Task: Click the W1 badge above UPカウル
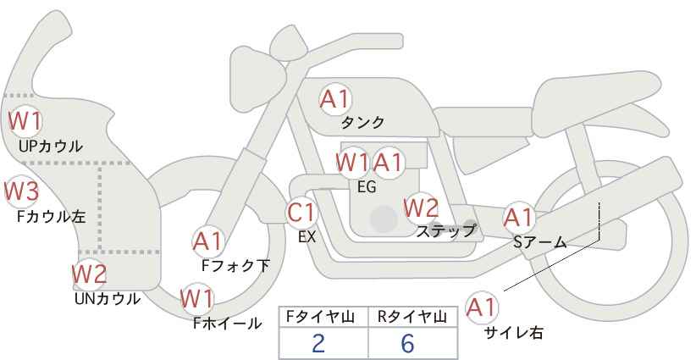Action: (25, 120)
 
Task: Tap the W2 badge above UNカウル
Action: (89, 274)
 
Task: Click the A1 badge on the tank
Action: (334, 99)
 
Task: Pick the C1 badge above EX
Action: (302, 213)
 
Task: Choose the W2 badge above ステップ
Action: (421, 207)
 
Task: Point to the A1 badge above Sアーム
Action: (519, 217)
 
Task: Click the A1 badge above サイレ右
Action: (483, 307)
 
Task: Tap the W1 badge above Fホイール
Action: (197, 299)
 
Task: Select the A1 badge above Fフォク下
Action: (207, 241)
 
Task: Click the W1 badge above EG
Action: (352, 161)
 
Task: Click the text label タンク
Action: (362, 122)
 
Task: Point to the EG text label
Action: (367, 187)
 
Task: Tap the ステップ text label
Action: (445, 230)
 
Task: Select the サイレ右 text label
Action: (513, 333)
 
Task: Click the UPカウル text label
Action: (51, 146)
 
